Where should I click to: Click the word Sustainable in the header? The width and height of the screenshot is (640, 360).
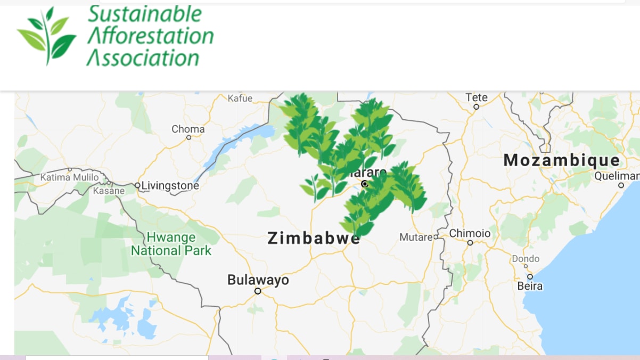145,14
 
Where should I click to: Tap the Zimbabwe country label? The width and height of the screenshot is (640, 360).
314,238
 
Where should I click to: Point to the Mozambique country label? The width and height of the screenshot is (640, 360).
562,160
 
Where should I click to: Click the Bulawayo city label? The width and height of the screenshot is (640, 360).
258,280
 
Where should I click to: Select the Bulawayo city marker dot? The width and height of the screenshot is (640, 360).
258,291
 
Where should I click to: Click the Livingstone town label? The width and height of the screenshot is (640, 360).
170,186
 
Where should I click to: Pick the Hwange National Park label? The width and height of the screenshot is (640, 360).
171,244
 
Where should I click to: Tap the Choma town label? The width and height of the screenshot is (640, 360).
188,129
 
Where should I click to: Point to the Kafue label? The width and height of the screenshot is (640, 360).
240,98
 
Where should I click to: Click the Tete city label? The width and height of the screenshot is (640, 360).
477,97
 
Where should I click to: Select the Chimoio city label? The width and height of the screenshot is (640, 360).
470,233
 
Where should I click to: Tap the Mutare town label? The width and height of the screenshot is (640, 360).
416,237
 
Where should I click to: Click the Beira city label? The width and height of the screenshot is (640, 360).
530,286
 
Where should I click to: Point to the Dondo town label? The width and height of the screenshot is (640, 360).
526,259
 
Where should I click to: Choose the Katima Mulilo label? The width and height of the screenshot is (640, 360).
70,177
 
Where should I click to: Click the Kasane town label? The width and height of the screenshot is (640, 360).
109,190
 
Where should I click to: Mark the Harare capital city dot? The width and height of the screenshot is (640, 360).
365,184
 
